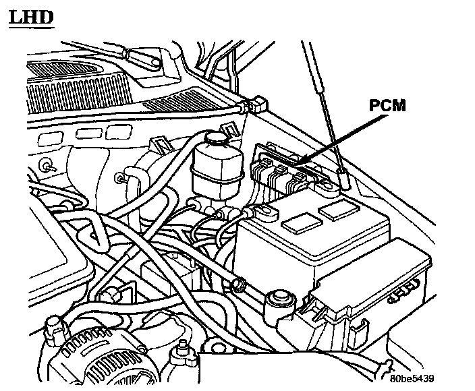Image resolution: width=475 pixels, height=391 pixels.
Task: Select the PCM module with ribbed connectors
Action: (x=283, y=169)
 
